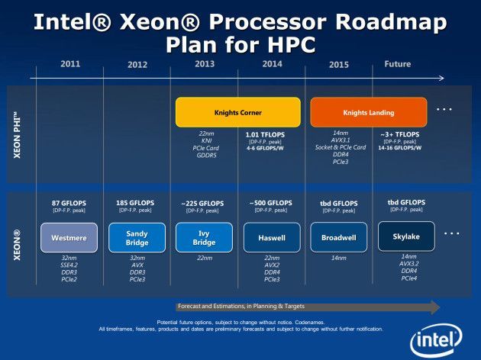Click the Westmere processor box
pyautogui.click(x=69, y=237)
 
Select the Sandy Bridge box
pyautogui.click(x=137, y=237)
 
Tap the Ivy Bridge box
pyautogui.click(x=205, y=237)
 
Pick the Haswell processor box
pyautogui.click(x=272, y=237)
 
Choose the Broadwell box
pyautogui.click(x=339, y=237)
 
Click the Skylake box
pyautogui.click(x=406, y=236)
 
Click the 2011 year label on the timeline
pyautogui.click(x=70, y=64)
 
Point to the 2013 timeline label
pyautogui.click(x=205, y=64)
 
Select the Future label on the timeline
pyautogui.click(x=397, y=64)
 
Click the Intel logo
pyautogui.click(x=437, y=340)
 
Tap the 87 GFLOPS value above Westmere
pyautogui.click(x=69, y=203)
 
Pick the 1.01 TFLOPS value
pyautogui.click(x=263, y=134)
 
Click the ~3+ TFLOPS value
pyautogui.click(x=397, y=134)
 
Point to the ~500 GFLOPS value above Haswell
pyautogui.click(x=272, y=203)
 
